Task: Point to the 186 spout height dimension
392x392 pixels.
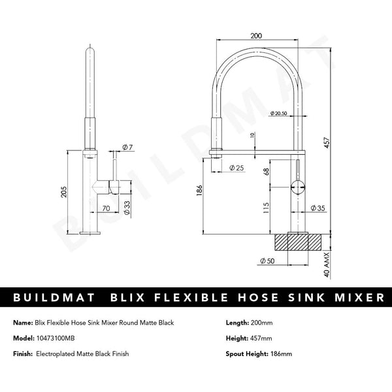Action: pyautogui.click(x=199, y=191)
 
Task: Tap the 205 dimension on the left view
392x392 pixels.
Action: pyautogui.click(x=63, y=191)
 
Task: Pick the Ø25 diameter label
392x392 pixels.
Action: pyautogui.click(x=237, y=168)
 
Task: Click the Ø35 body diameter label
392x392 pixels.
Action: pyautogui.click(x=318, y=208)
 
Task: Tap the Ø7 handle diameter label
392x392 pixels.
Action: pyautogui.click(x=127, y=148)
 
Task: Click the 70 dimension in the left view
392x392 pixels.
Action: pyautogui.click(x=105, y=208)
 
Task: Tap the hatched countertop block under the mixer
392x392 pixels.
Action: pyautogui.click(x=298, y=241)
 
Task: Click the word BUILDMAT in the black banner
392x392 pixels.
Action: pyautogui.click(x=51, y=298)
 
